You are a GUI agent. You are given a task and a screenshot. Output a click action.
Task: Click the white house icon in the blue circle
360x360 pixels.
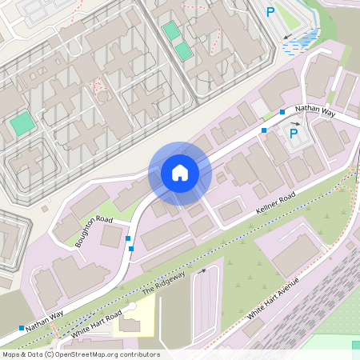tap(180, 173)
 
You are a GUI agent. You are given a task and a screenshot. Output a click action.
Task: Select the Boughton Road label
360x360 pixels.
tap(94, 230)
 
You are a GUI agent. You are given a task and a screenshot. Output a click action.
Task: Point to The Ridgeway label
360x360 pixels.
tap(163, 285)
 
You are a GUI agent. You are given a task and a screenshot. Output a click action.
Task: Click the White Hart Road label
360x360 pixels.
tap(96, 322)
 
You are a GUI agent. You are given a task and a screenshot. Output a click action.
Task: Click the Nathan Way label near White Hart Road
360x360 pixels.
tap(44, 322)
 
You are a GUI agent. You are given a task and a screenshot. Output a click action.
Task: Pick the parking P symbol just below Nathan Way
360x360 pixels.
tap(294, 134)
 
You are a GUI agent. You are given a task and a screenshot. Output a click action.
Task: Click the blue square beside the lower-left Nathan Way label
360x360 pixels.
tap(21, 328)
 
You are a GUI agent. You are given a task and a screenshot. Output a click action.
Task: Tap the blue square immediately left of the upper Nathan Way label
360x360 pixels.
tap(282, 113)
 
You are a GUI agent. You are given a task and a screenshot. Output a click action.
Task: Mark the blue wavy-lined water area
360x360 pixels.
tap(299, 42)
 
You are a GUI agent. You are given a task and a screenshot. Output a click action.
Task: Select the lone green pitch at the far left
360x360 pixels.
tap(22, 124)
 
